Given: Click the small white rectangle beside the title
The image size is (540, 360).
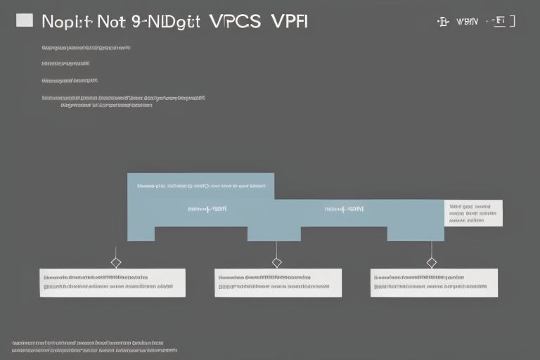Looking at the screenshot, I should tap(24, 20).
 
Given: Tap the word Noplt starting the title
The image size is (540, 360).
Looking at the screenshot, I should tap(65, 20).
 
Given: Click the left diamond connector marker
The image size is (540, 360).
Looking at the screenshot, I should tap(116, 262).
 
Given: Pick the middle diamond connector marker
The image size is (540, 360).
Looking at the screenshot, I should tap(276, 262).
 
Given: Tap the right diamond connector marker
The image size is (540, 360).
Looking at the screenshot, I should tap(431, 262).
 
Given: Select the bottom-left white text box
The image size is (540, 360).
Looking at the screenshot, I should tap(112, 282).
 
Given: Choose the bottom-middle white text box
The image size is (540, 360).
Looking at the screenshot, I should tap(278, 282).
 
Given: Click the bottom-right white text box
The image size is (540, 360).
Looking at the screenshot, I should tap(434, 282).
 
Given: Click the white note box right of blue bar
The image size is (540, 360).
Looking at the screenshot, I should tap(473, 213).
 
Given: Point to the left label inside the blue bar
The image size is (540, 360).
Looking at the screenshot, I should tap(207, 209).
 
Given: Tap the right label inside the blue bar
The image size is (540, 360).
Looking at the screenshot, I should tap(345, 209).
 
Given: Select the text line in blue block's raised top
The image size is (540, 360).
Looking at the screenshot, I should tap(201, 186).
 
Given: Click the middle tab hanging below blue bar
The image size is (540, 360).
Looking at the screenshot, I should tap(274, 233).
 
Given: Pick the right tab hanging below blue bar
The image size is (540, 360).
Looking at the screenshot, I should tap(415, 233).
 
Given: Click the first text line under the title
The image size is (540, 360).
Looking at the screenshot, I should tap(86, 48).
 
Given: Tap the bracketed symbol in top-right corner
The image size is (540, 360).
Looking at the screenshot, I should tap(501, 21).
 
